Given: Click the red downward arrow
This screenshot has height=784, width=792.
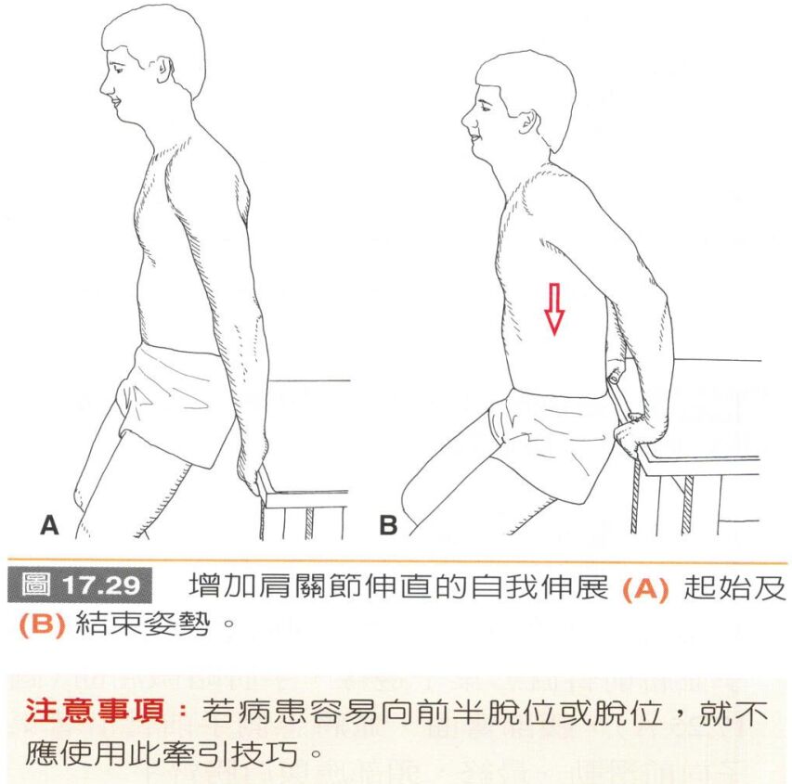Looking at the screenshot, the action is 554,309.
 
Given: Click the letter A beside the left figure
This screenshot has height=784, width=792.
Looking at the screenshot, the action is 49,525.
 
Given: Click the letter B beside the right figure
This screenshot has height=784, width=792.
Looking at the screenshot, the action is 388,525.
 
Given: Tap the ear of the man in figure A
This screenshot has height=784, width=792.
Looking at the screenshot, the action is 163,70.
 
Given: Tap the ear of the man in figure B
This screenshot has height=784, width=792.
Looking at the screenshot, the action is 527,122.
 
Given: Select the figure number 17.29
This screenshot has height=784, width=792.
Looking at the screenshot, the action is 100,585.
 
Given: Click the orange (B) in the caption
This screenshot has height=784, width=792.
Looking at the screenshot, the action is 43,624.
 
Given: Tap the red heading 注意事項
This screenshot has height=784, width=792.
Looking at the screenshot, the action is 95,711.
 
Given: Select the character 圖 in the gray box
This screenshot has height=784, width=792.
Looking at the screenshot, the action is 36,585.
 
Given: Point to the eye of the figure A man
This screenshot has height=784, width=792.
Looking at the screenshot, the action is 118,68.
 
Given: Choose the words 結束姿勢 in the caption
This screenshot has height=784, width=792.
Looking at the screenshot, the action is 142,624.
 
